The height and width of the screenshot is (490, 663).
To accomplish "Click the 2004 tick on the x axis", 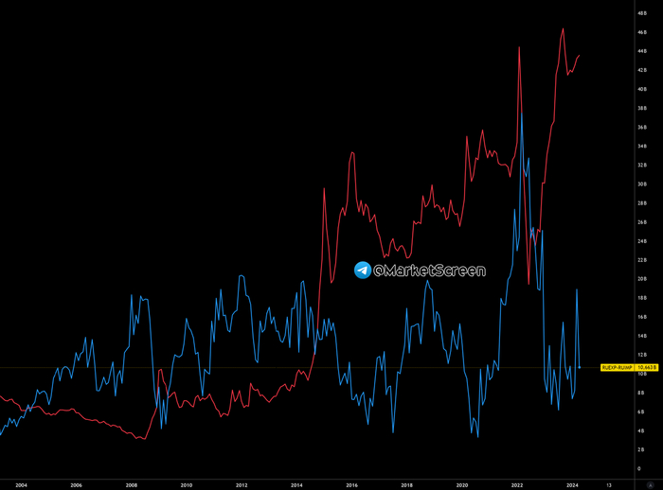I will point(21,483).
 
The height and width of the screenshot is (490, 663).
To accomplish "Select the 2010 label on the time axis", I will point(187,483).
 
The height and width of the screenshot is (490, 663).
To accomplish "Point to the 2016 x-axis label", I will point(351,483).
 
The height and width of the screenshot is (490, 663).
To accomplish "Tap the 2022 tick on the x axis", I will point(517,483).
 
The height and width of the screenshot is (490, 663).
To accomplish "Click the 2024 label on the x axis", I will point(572,483).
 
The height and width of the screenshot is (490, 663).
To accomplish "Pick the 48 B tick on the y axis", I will point(642,12).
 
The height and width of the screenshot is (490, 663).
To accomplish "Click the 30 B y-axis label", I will point(642,184).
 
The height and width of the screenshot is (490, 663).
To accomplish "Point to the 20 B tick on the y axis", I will point(642,279).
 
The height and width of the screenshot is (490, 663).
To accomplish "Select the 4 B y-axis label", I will point(642,430).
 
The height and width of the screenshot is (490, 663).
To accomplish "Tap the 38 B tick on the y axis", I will point(642,108).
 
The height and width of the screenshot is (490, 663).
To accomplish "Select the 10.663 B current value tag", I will point(648,367).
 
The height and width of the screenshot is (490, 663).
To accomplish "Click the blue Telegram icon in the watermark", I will point(363,271).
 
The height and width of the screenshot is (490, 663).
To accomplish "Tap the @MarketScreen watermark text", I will point(429,271).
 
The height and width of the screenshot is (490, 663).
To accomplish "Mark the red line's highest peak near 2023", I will point(563,28).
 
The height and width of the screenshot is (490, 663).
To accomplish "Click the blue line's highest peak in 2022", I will point(522,114).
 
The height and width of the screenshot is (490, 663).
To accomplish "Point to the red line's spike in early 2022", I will point(519,46).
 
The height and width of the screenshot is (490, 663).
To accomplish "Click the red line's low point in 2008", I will point(142,439).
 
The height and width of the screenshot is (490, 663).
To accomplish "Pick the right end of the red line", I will point(580,56).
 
